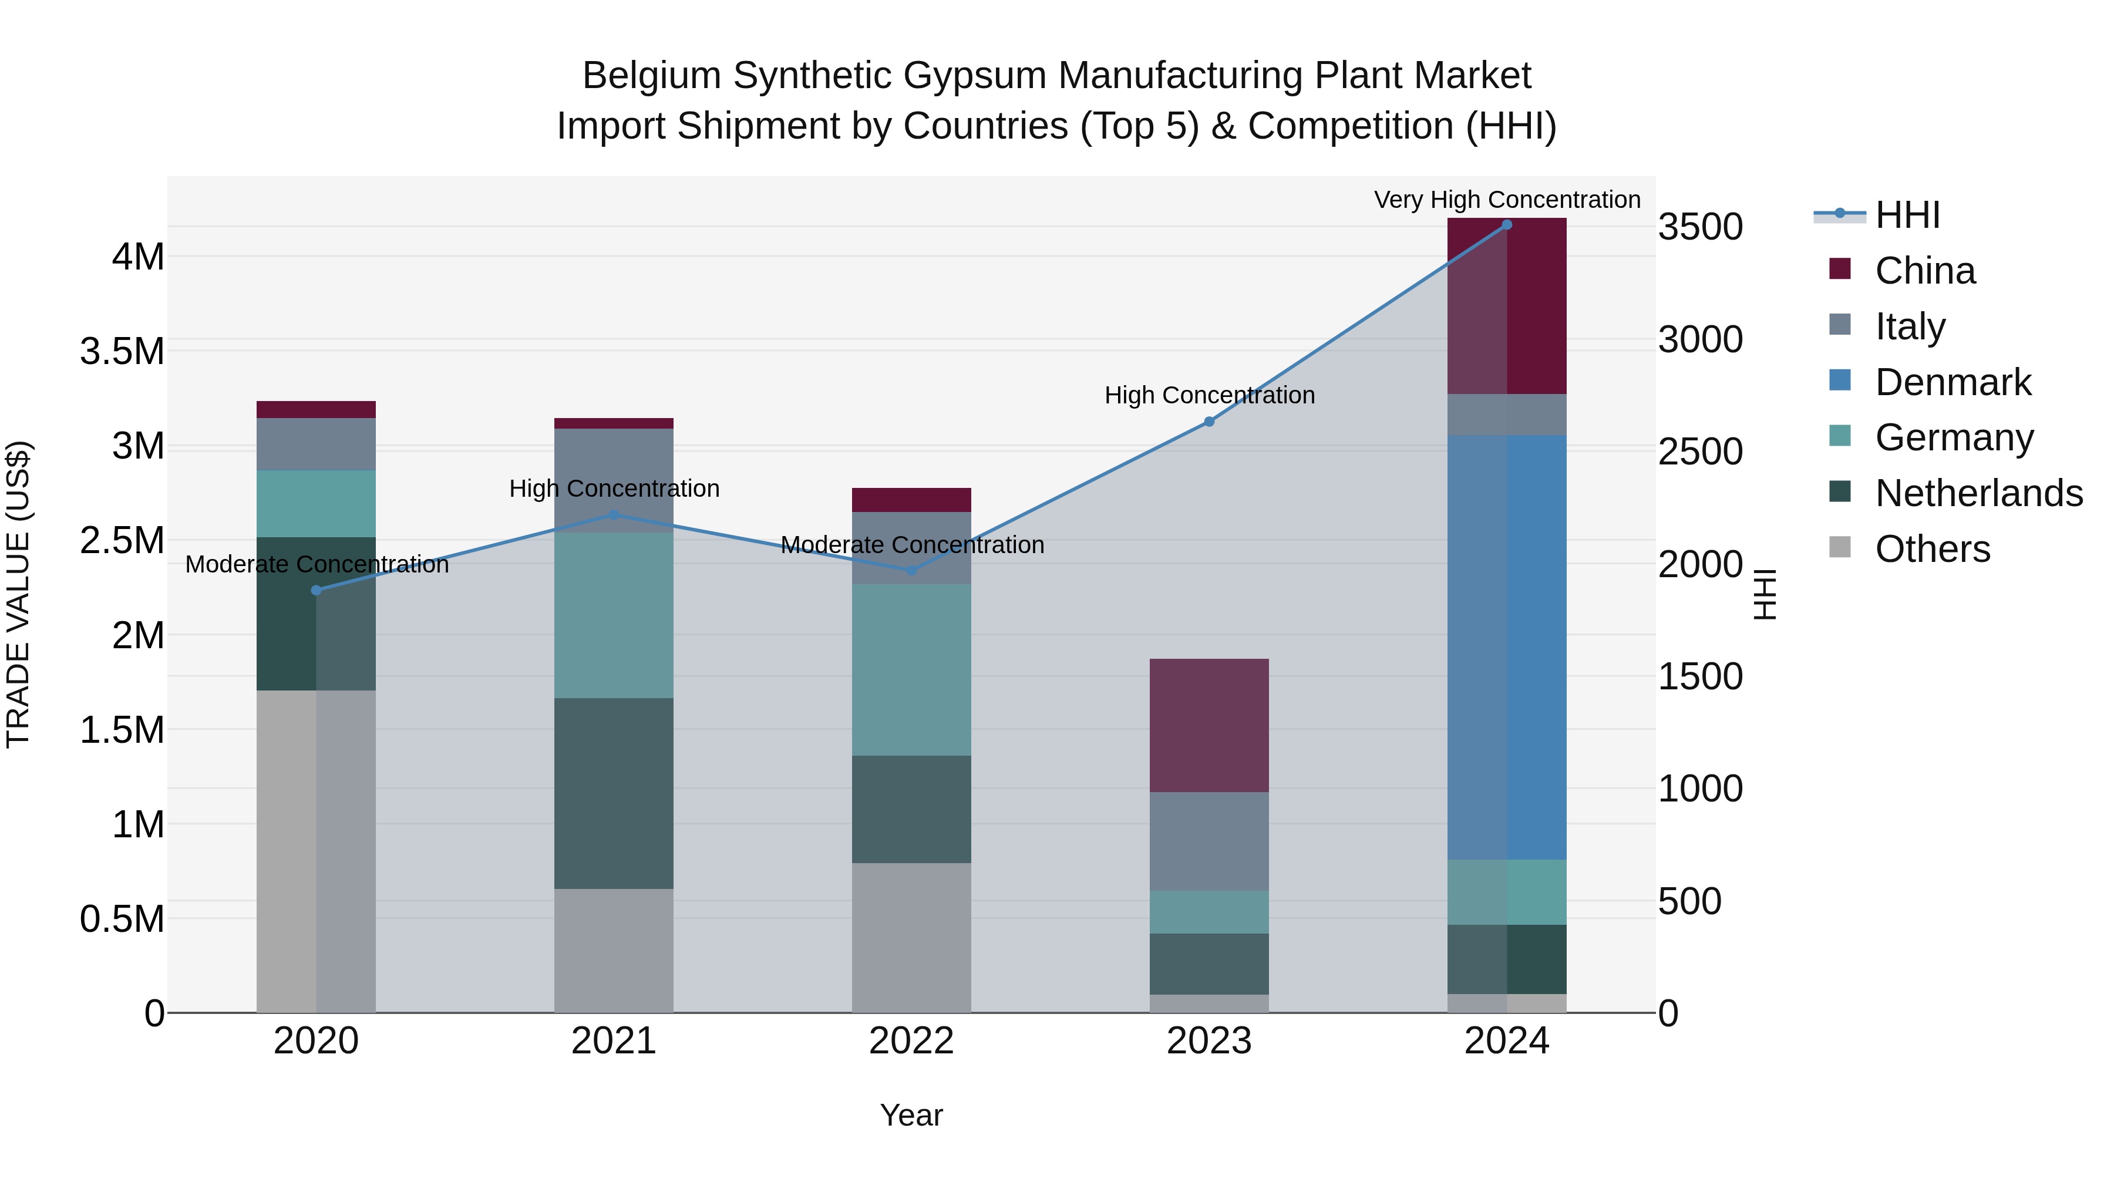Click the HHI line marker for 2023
[1209, 422]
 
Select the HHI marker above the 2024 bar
[1507, 225]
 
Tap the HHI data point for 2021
[614, 516]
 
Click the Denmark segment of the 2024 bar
[1507, 648]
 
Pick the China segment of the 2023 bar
[1209, 725]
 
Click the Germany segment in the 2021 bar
[614, 615]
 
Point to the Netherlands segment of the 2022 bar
[911, 809]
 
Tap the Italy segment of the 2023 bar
[1209, 841]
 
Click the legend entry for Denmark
[1953, 382]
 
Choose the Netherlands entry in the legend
[1978, 493]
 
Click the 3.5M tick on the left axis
[122, 351]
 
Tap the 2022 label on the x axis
[911, 1041]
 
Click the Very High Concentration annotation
[1507, 200]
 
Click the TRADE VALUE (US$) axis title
[18, 594]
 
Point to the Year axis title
[911, 1115]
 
